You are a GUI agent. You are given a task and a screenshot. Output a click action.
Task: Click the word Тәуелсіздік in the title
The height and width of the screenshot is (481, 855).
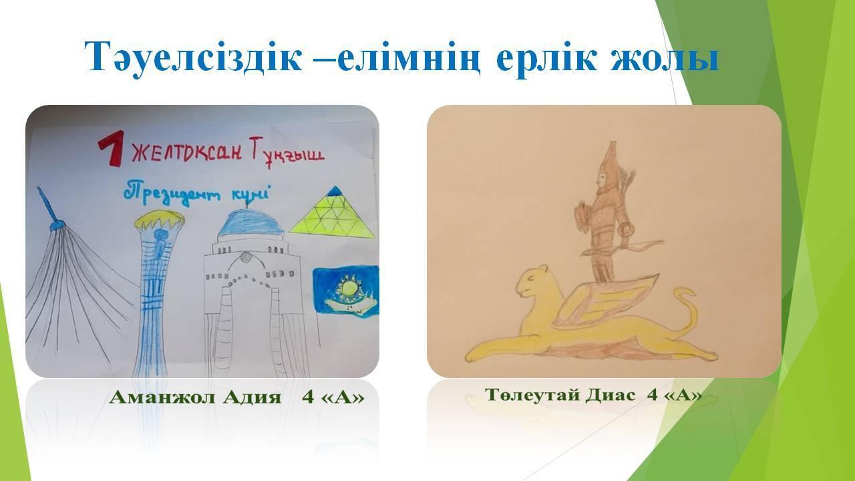pyautogui.click(x=193, y=57)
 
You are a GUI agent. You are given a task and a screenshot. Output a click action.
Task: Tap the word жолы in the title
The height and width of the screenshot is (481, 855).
pyautogui.click(x=665, y=57)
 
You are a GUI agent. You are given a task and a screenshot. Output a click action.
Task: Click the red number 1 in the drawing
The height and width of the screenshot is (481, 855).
pyautogui.click(x=111, y=148)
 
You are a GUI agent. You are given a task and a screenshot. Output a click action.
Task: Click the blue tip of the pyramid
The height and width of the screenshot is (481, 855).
pyautogui.click(x=335, y=191)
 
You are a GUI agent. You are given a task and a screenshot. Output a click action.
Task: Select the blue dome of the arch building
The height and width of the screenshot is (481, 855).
pyautogui.click(x=250, y=223)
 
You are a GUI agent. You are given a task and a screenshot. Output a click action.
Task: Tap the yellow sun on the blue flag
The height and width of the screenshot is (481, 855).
pyautogui.click(x=348, y=289)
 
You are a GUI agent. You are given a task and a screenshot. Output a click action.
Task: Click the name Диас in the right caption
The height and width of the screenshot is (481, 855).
pyautogui.click(x=611, y=394)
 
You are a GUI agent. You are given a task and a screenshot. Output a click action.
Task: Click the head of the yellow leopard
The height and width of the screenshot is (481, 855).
pyautogui.click(x=534, y=283)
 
